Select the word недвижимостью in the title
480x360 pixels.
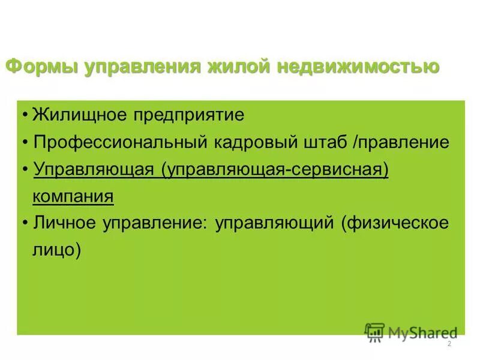[x=358, y=66]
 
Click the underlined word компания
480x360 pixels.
[x=73, y=196]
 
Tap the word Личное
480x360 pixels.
[x=64, y=223]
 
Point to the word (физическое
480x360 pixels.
[x=395, y=223]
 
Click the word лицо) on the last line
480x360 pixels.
[x=56, y=250]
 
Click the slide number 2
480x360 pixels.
[x=449, y=344]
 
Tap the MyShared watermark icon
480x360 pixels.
[x=374, y=332]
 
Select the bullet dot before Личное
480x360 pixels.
[x=26, y=224]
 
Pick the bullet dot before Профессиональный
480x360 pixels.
[x=26, y=143]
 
